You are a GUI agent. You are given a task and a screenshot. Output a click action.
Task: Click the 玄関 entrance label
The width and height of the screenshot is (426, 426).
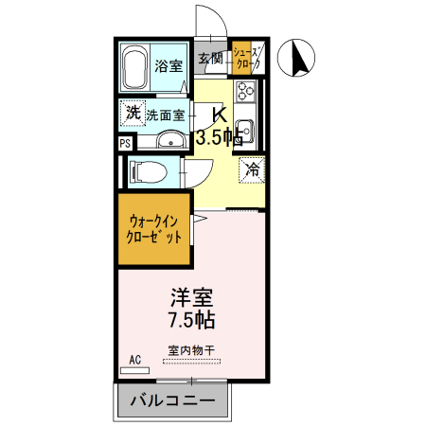tap(210, 59)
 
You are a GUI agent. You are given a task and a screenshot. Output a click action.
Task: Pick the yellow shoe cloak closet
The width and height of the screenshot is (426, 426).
tap(247, 61)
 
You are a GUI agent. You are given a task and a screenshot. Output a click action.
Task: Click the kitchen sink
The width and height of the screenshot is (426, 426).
tap(244, 130)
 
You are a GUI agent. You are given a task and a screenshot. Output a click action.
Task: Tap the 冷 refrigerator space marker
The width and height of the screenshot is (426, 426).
tap(252, 170)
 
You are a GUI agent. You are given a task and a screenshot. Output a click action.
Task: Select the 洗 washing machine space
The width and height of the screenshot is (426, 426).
tap(133, 114)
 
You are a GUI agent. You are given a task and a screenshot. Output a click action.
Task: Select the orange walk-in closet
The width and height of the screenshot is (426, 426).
tap(154, 231)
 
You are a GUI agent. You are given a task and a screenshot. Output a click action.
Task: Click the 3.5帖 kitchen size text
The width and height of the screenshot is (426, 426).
tap(218, 137)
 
